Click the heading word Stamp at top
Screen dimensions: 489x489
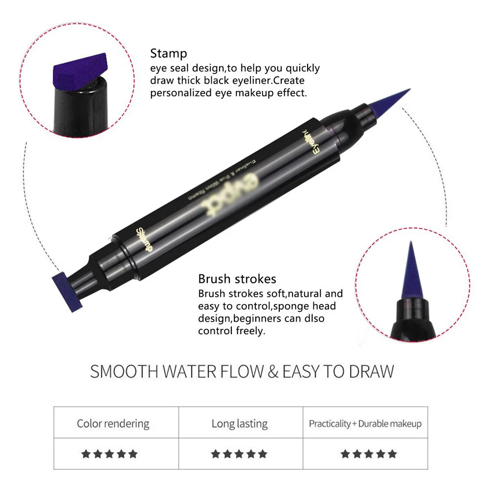click(x=168, y=53)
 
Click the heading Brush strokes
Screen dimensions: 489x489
click(x=237, y=279)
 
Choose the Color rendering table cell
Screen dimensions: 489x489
click(x=113, y=423)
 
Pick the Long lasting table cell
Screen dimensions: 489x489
click(x=240, y=423)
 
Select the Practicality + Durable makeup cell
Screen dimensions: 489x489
click(x=365, y=423)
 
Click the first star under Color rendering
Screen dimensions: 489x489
click(x=86, y=454)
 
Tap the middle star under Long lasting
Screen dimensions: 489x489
click(x=239, y=454)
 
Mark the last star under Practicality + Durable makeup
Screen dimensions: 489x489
click(x=392, y=454)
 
